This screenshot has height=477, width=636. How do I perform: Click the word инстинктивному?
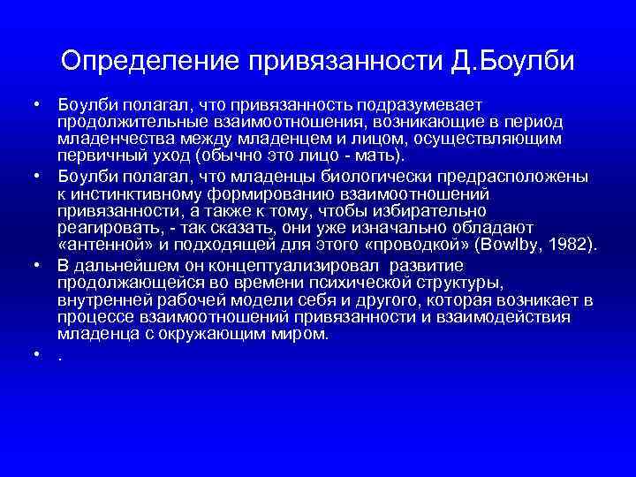pos(132,193)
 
